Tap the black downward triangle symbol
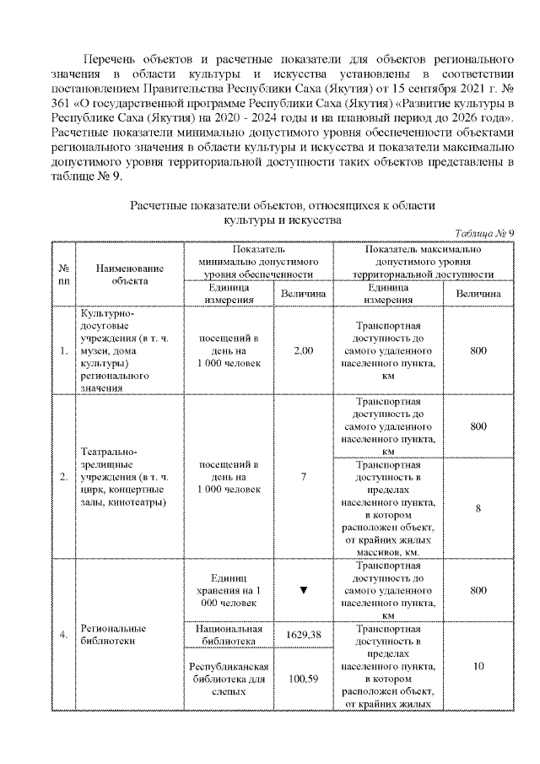304,589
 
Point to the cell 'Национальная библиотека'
229,634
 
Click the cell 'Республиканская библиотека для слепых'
229,678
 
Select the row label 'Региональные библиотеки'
114,634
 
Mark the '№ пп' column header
63,274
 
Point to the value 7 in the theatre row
304,476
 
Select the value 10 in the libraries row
478,666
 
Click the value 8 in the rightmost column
478,507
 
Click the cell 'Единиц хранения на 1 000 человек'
229,588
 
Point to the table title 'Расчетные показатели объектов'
282,206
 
